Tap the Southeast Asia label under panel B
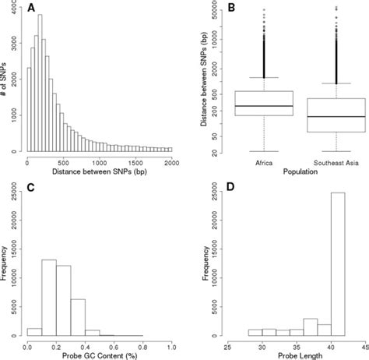pos(336,161)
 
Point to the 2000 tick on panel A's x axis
pos(173,161)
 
